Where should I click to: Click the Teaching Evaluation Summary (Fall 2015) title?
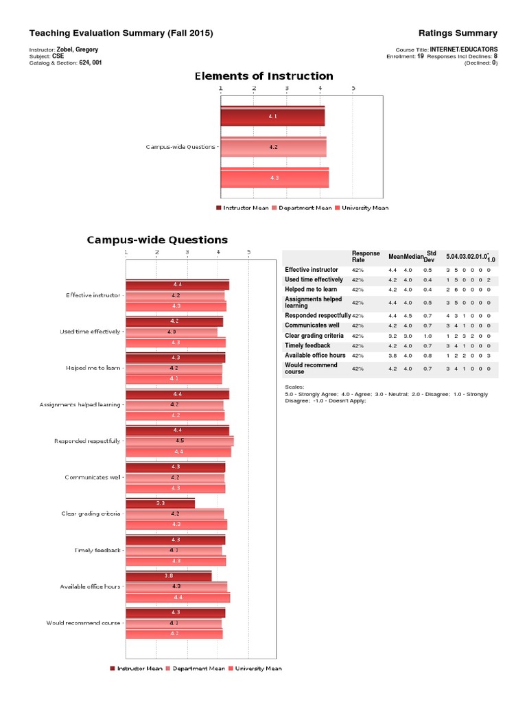[x=121, y=33]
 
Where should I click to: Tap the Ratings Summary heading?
[x=458, y=33]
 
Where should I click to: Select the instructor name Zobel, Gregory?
[x=82, y=49]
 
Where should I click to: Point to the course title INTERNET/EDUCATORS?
[x=464, y=49]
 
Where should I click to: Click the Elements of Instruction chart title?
[x=264, y=76]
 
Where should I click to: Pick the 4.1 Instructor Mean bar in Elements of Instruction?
[x=272, y=117]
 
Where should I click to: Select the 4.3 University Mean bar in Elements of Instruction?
[x=274, y=177]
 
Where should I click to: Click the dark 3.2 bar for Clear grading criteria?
[x=160, y=503]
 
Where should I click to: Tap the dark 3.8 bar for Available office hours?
[x=168, y=575]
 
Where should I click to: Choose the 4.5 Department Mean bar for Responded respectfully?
[x=180, y=441]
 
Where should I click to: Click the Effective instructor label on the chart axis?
[x=93, y=295]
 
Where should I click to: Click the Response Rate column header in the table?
[x=365, y=257]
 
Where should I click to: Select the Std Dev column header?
[x=431, y=256]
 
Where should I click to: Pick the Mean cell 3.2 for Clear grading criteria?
[x=393, y=336]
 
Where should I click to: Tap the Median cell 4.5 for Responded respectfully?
[x=408, y=316]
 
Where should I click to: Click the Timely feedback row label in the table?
[x=307, y=345]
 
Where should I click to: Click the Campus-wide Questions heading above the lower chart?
[x=157, y=240]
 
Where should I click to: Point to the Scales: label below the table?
[x=294, y=387]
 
